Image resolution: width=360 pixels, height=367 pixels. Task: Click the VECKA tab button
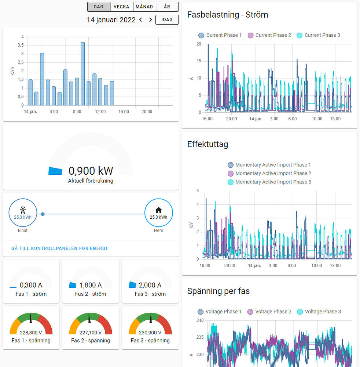point(121,7)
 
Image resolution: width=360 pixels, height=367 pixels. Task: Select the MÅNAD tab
point(144,7)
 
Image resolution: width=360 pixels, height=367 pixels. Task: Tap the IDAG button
point(167,19)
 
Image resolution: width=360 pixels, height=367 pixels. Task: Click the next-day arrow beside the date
point(150,20)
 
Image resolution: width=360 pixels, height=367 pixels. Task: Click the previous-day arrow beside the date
point(140,20)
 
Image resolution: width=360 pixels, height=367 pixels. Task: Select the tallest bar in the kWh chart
point(83,73)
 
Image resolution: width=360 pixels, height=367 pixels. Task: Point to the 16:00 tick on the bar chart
point(124,112)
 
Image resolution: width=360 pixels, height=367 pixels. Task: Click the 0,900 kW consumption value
point(91,171)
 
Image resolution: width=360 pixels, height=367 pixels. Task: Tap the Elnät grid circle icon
point(23,213)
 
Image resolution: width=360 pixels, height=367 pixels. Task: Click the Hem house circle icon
point(158,213)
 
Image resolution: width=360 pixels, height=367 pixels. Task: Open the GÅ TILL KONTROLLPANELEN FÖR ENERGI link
point(59,248)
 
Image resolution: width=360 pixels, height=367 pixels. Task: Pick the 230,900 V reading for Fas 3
point(150,333)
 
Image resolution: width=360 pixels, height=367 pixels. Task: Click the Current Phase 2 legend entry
point(269,35)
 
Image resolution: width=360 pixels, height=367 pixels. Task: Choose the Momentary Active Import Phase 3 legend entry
point(269,182)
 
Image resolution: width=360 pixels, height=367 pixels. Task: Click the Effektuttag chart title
point(207,144)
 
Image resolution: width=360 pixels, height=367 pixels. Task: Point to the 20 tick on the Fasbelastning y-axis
point(199,44)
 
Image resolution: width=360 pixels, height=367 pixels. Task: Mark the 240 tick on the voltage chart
point(200,320)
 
